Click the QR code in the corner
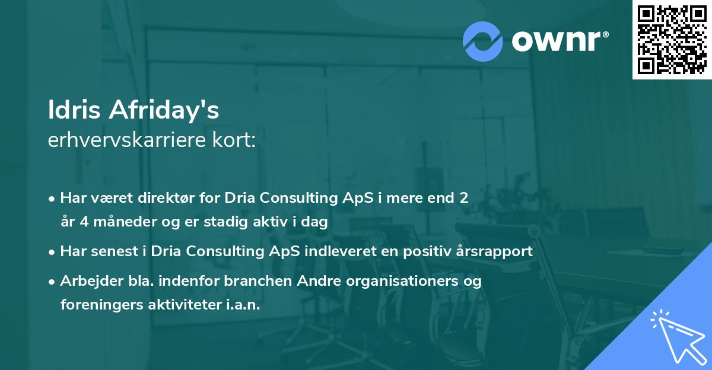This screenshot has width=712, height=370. tap(672, 39)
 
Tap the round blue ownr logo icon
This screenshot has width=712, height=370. tap(483, 42)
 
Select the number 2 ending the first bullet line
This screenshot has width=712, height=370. tap(464, 197)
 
